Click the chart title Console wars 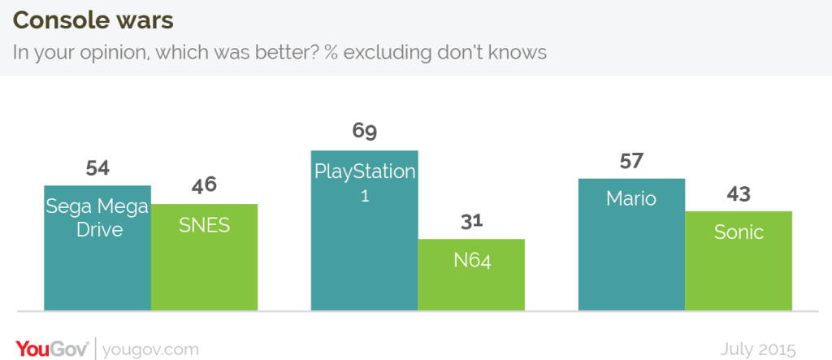pyautogui.click(x=93, y=20)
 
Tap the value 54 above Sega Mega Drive pyautogui.click(x=97, y=168)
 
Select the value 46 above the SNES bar pyautogui.click(x=204, y=186)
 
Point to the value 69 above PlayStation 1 pyautogui.click(x=365, y=131)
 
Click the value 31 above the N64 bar pyautogui.click(x=471, y=221)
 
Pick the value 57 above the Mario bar pyautogui.click(x=631, y=161)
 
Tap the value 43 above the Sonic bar pyautogui.click(x=739, y=193)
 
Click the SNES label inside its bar pyautogui.click(x=204, y=225)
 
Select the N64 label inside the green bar pyautogui.click(x=472, y=261)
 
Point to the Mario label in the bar pyautogui.click(x=631, y=198)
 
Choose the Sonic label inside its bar pyautogui.click(x=739, y=232)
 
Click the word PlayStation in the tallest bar pyautogui.click(x=365, y=172)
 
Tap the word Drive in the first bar pyautogui.click(x=100, y=230)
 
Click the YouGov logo pyautogui.click(x=52, y=349)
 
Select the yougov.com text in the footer pyautogui.click(x=150, y=350)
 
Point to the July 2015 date pyautogui.click(x=758, y=350)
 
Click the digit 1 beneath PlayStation pyautogui.click(x=365, y=195)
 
